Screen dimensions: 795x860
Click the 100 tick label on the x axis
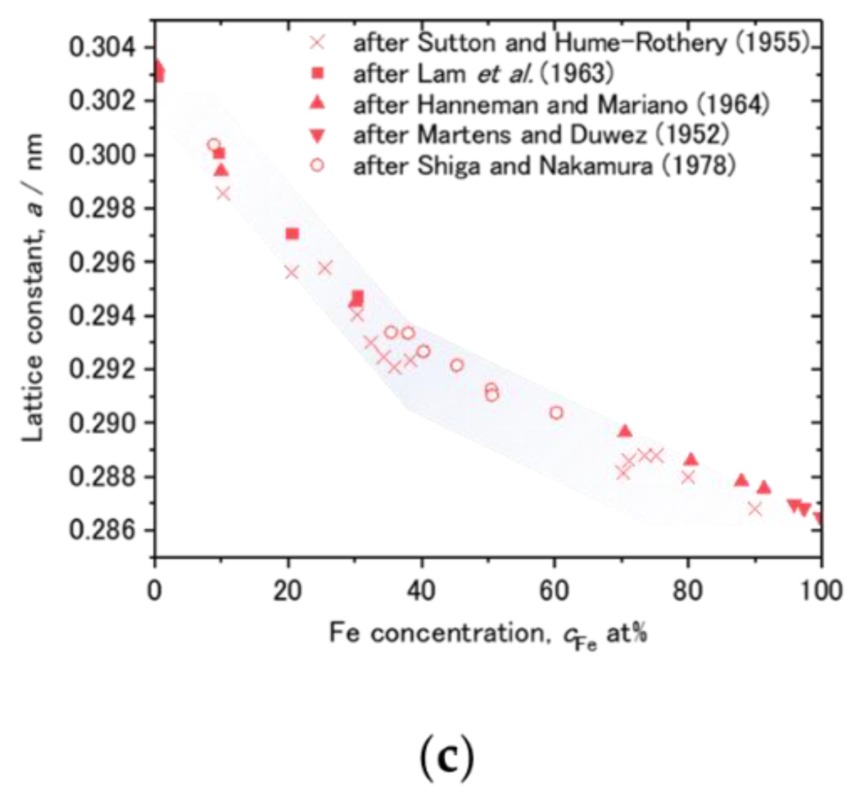click(x=820, y=590)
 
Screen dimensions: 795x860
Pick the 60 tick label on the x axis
click(x=554, y=590)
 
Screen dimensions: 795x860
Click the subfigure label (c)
click(x=446, y=757)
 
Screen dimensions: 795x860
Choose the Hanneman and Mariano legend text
click(x=561, y=104)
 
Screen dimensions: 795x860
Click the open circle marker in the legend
click(x=317, y=165)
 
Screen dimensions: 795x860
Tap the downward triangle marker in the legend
click(x=317, y=135)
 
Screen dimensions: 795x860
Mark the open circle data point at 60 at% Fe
click(x=556, y=413)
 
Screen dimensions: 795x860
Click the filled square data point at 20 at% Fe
click(x=292, y=234)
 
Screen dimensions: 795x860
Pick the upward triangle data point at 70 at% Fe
click(x=624, y=431)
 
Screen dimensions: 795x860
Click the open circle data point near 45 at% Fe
click(x=457, y=365)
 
